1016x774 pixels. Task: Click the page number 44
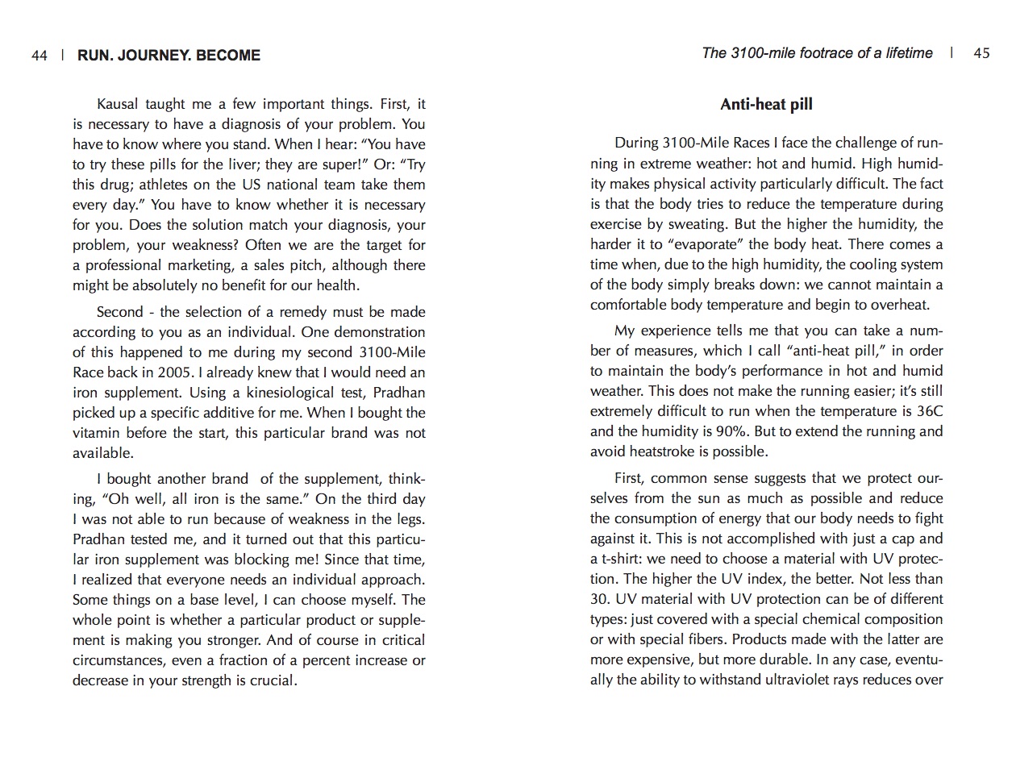tap(40, 56)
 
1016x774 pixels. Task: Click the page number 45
tap(981, 53)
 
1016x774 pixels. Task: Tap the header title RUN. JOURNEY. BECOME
tap(169, 56)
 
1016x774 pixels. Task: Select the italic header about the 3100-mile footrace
tap(817, 53)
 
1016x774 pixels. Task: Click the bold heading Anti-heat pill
tap(766, 104)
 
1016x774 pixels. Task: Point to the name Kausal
tap(119, 104)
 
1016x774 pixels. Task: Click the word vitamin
tap(96, 433)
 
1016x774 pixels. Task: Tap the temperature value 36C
tap(927, 411)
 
